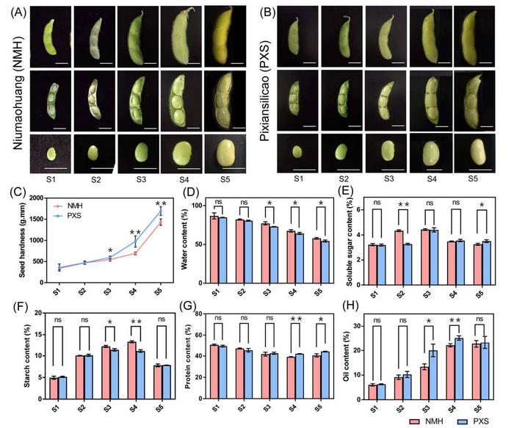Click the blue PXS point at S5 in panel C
point(161,211)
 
